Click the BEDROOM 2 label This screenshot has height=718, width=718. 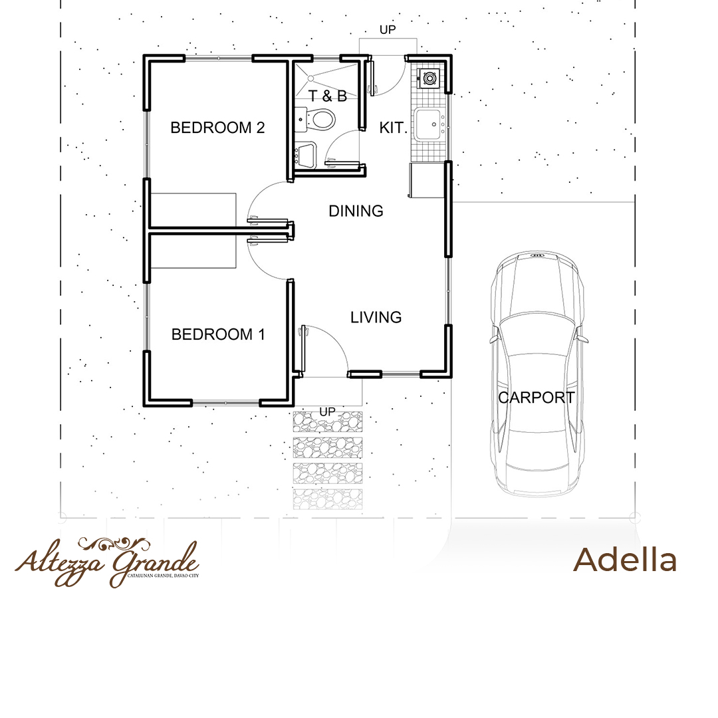[x=217, y=127]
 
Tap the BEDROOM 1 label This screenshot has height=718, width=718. [x=218, y=334]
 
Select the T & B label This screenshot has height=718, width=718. [x=327, y=96]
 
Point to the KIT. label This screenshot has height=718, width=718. [x=393, y=128]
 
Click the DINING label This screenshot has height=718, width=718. [x=356, y=211]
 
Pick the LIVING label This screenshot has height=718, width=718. [x=376, y=317]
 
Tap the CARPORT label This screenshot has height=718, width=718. [x=537, y=398]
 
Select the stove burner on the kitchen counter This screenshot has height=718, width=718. [x=429, y=78]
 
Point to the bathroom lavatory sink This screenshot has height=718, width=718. [x=305, y=155]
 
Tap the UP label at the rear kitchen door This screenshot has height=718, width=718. [x=388, y=30]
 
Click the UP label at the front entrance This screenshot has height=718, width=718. [x=327, y=412]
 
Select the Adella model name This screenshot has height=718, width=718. [x=625, y=560]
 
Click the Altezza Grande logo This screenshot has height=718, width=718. [x=107, y=562]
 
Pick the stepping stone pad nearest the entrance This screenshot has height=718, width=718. [x=327, y=421]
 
